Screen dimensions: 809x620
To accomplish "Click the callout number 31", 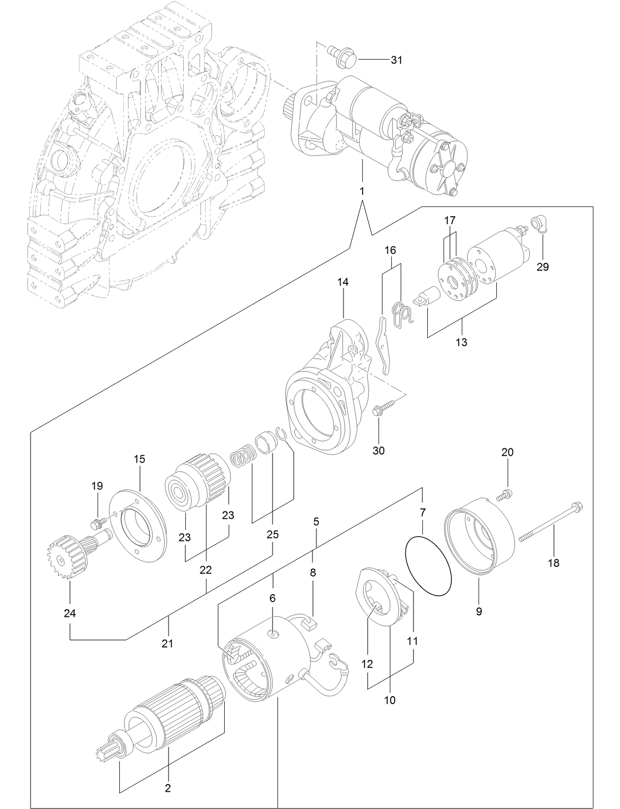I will [x=396, y=60].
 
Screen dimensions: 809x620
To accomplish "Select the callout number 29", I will [x=542, y=267].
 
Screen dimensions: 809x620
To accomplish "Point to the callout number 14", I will [x=343, y=282].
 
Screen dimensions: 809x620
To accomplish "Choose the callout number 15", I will [x=139, y=459].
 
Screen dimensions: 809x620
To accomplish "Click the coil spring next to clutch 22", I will [x=242, y=455].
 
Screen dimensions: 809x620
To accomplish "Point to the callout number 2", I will [x=168, y=788].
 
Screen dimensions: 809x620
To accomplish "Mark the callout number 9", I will [x=479, y=611].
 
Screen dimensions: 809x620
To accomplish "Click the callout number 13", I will [x=461, y=341].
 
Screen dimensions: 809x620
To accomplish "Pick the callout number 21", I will [x=168, y=643].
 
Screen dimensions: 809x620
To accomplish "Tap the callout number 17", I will [x=449, y=220].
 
